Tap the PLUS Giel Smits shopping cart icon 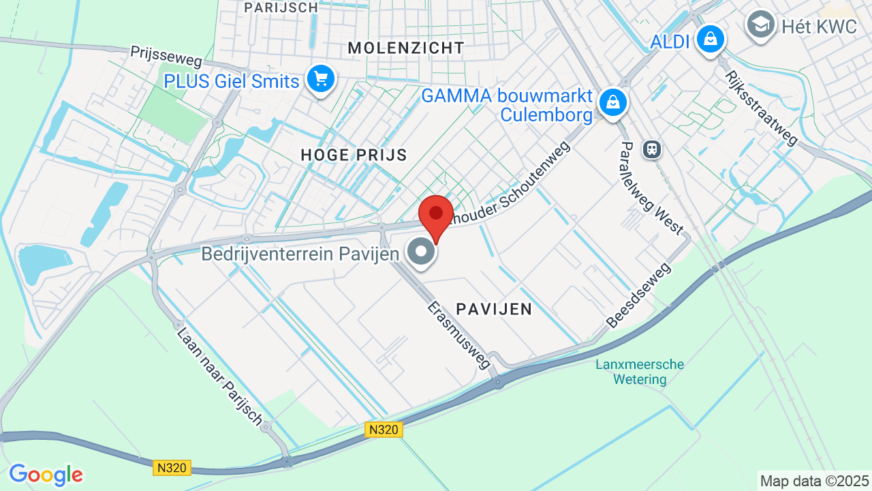coord(320,80)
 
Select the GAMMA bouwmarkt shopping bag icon coord(613,103)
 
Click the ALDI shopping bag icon coord(711,39)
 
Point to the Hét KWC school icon coord(760,25)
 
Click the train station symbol coord(652,149)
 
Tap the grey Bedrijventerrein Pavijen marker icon coord(421,252)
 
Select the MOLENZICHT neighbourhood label coord(406,48)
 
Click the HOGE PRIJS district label coord(354,155)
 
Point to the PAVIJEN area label coord(494,309)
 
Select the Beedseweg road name coord(638,295)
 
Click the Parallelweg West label coord(651,188)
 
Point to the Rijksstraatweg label coord(760,108)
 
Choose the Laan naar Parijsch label coord(219,376)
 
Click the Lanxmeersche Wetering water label coord(640,372)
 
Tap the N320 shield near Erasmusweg coord(384,429)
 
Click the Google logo coord(46,475)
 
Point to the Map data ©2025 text coord(815,481)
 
